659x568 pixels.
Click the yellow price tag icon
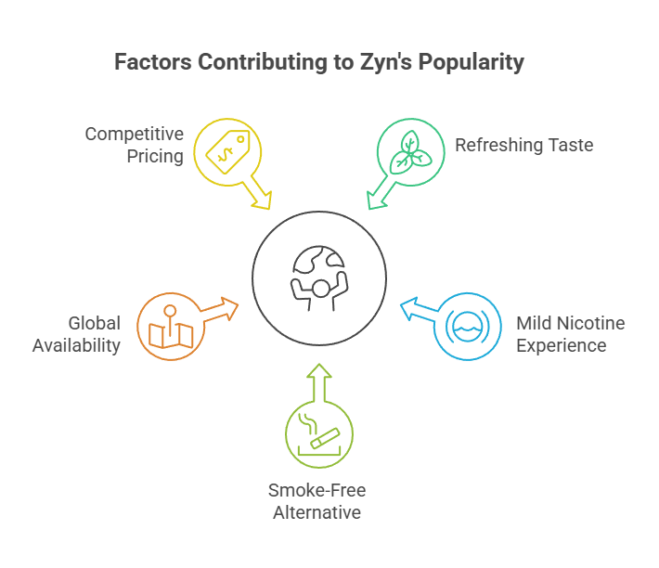coord(227,149)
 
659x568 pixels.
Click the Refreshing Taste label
coord(523,145)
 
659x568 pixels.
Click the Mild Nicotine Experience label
coord(570,334)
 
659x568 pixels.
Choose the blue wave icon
coord(468,326)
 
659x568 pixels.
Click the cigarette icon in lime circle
coord(318,435)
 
